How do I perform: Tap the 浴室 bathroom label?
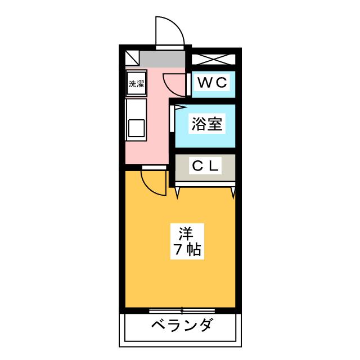[x=207, y=125]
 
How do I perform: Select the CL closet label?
[x=206, y=166]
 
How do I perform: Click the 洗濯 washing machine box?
[x=136, y=85]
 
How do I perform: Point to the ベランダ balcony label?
[x=181, y=326]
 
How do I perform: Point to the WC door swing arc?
[x=175, y=83]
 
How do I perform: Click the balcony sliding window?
[x=181, y=310]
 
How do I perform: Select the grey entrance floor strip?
[x=163, y=58]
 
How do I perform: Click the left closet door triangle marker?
[x=178, y=193]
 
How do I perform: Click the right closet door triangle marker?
[x=233, y=193]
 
